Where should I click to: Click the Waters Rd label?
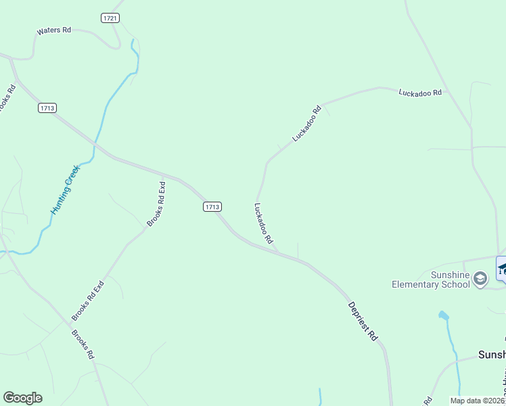54,30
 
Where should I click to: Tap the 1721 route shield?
111,18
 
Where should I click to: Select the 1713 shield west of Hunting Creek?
47,108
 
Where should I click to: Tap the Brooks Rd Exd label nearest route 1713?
156,204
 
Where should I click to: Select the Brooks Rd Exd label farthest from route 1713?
89,300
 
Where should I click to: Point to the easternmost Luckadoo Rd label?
420,92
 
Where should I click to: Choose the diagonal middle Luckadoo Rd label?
306,123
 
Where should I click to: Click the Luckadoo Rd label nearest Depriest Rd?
263,223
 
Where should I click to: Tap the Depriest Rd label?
363,320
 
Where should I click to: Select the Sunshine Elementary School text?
431,279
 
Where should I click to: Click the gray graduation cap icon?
480,279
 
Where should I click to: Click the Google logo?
22,398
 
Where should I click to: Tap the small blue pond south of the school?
444,315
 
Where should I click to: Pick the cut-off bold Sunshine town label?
492,355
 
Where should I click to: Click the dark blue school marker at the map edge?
502,269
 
